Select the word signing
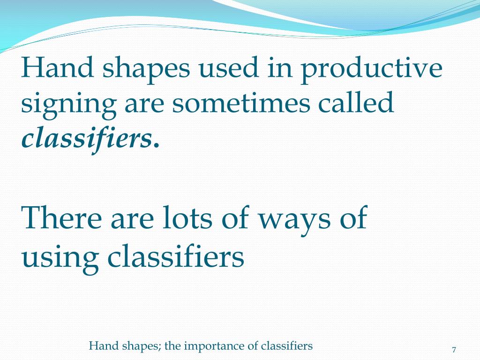[68, 105]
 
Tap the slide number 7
[454, 350]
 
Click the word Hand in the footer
[99, 346]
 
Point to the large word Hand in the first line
[58, 68]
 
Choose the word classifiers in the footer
[287, 346]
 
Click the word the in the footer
[172, 346]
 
